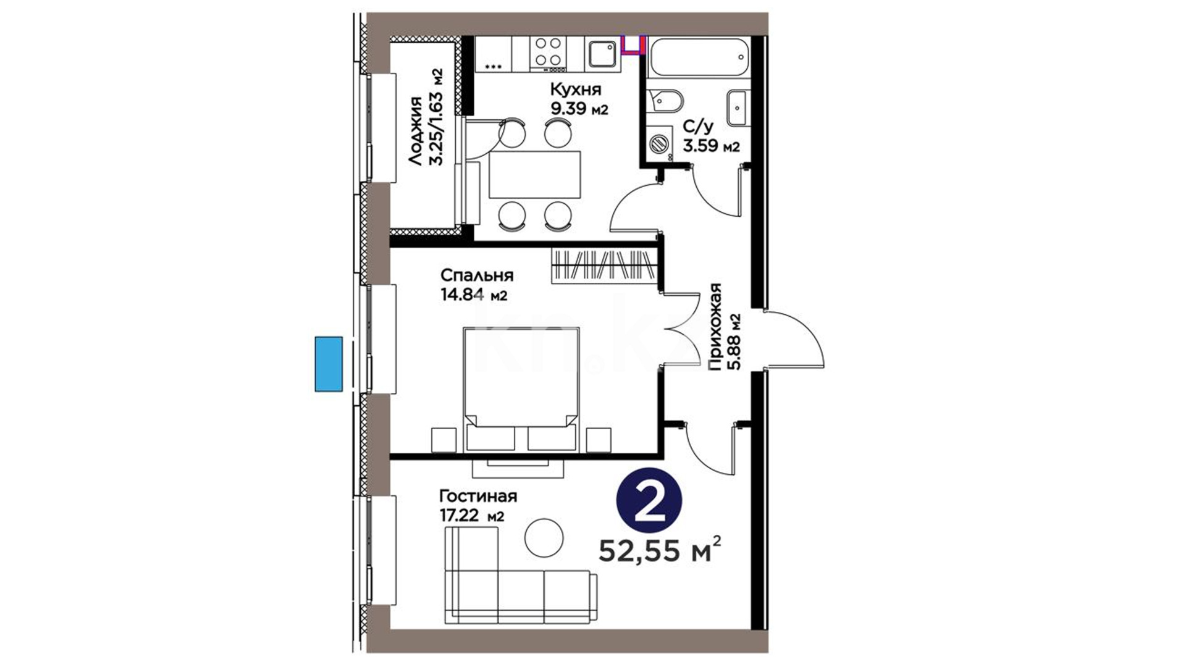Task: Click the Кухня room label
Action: (x=576, y=90)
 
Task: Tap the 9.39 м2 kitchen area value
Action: (x=579, y=109)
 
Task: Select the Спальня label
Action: (x=477, y=275)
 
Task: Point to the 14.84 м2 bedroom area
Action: (x=474, y=295)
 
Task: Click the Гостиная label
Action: (x=478, y=496)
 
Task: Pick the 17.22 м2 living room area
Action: (x=471, y=516)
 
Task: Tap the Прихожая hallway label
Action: (x=715, y=327)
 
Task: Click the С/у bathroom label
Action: (x=698, y=127)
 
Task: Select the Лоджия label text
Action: (x=416, y=131)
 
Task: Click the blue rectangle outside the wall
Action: (x=329, y=364)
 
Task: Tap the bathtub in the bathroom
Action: (x=699, y=57)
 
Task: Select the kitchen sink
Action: (x=601, y=53)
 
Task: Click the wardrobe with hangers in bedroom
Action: (x=604, y=266)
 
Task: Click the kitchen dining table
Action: (x=535, y=174)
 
